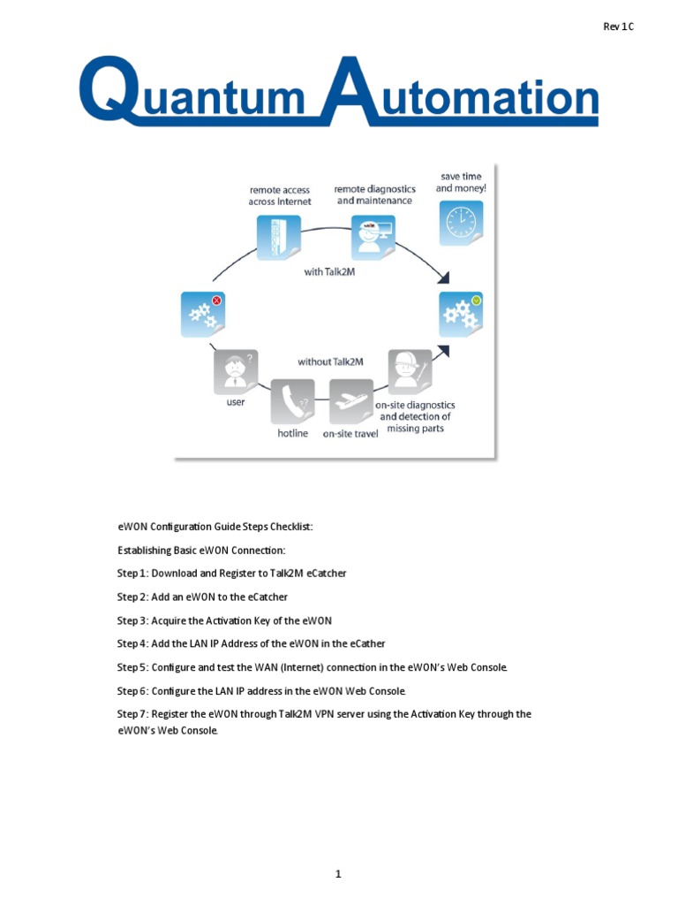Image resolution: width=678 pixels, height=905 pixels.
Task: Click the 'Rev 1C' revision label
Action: coord(618,27)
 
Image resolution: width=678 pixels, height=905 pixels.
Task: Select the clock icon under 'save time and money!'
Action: coord(461,223)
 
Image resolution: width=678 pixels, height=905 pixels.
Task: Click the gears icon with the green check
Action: coord(461,315)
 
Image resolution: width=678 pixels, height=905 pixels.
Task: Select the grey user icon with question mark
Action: coord(235,371)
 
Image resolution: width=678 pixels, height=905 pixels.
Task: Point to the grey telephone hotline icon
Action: coord(292,402)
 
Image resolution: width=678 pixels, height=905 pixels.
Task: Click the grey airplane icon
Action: coord(350,402)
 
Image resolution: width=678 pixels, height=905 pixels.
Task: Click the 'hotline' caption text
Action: coord(292,434)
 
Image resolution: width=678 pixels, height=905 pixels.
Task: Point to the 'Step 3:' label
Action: coord(133,620)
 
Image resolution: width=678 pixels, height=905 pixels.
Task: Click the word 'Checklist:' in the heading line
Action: coord(288,527)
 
